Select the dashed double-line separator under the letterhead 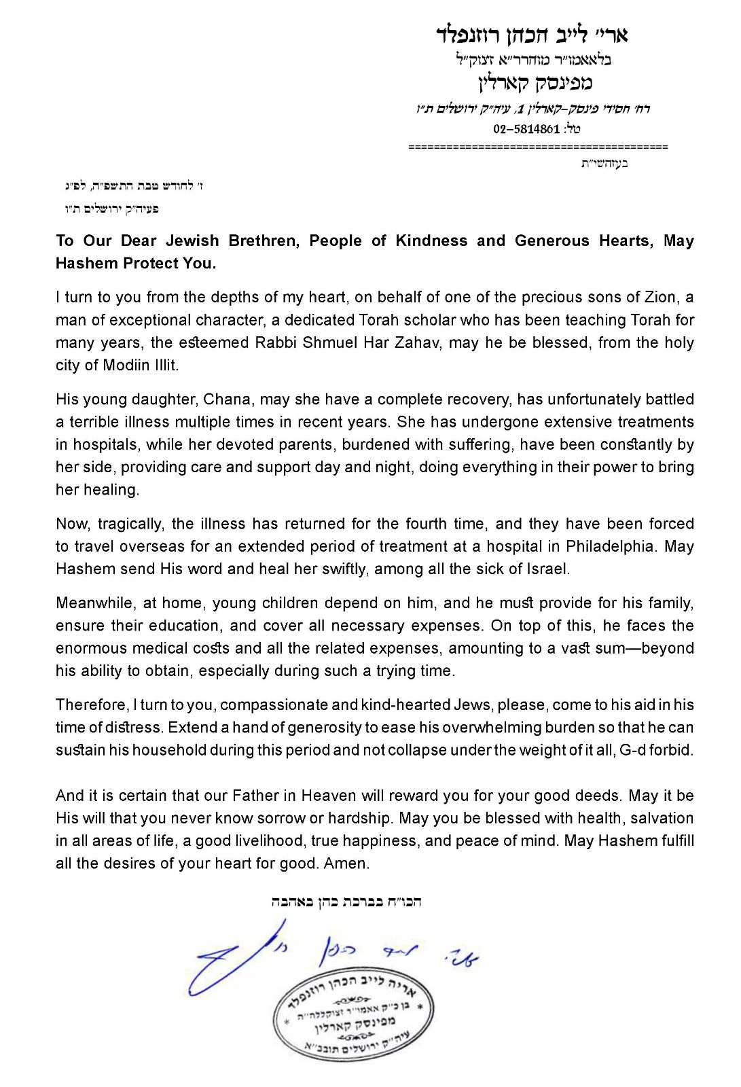[x=538, y=147]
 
